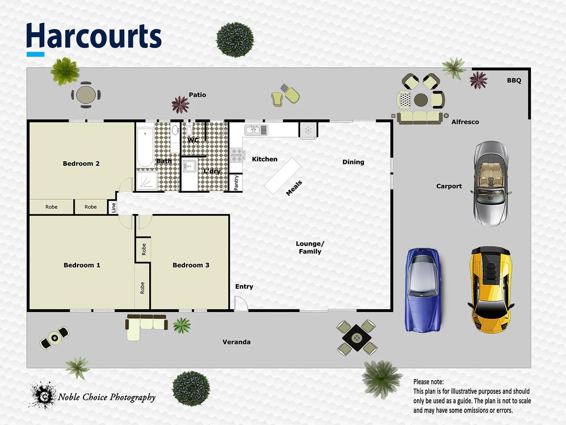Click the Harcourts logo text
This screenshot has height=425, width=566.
[x=94, y=36]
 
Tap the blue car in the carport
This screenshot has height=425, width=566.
[x=423, y=290]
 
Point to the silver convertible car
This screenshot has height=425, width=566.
[x=491, y=183]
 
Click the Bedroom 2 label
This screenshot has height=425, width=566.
[x=81, y=164]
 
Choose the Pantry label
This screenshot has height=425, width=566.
[x=236, y=183]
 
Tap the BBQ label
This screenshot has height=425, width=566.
[x=514, y=81]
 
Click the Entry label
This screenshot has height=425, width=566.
[x=244, y=286]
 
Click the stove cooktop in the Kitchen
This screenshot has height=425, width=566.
[x=237, y=155]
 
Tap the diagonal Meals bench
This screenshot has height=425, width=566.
[x=282, y=176]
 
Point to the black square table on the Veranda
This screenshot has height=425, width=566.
[x=357, y=338]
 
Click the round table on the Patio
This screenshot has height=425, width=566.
[x=86, y=95]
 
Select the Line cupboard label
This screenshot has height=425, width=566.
[x=113, y=207]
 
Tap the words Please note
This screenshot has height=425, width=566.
[x=428, y=382]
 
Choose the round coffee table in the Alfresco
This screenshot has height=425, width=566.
[x=421, y=100]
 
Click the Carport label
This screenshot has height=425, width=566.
[x=449, y=186]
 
